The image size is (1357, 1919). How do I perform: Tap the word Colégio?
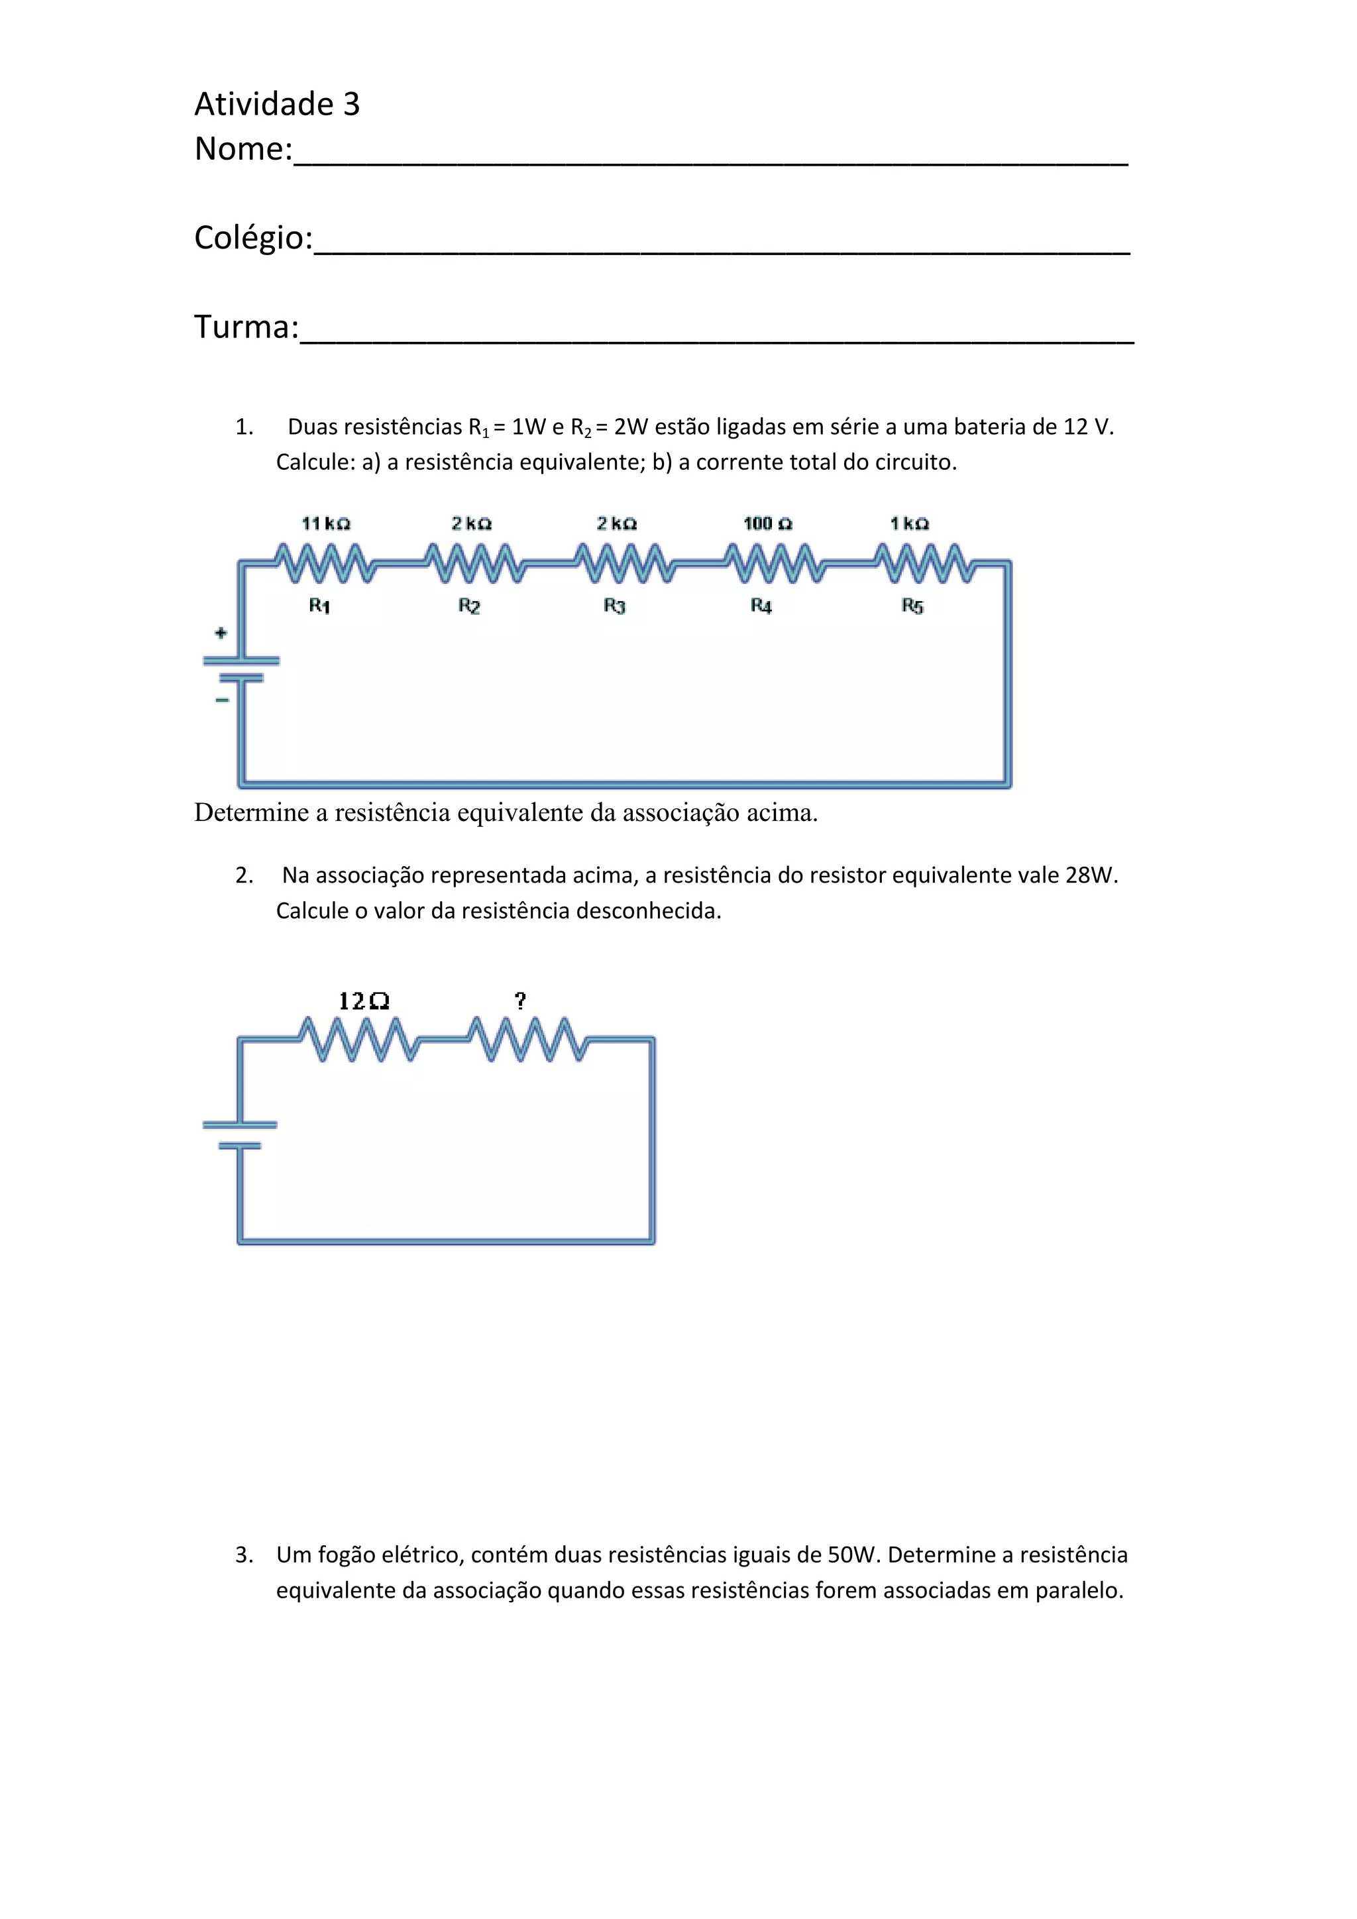pyautogui.click(x=252, y=238)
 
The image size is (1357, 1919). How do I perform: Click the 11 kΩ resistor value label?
pyautogui.click(x=326, y=524)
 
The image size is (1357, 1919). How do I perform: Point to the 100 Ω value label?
pyautogui.click(x=767, y=524)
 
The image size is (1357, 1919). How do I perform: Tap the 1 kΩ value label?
pyautogui.click(x=909, y=524)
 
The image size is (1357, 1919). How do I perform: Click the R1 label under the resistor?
pyautogui.click(x=319, y=605)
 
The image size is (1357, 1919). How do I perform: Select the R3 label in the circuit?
pyautogui.click(x=614, y=605)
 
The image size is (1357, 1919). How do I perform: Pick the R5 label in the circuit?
pyautogui.click(x=912, y=606)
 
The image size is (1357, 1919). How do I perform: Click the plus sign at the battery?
pyautogui.click(x=221, y=633)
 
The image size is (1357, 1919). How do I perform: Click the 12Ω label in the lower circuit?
pyautogui.click(x=364, y=1001)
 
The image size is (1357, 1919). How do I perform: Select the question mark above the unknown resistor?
pyautogui.click(x=521, y=1001)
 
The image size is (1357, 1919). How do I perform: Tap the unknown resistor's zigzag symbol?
pyautogui.click(x=527, y=1039)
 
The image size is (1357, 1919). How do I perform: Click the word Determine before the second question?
pyautogui.click(x=252, y=812)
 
